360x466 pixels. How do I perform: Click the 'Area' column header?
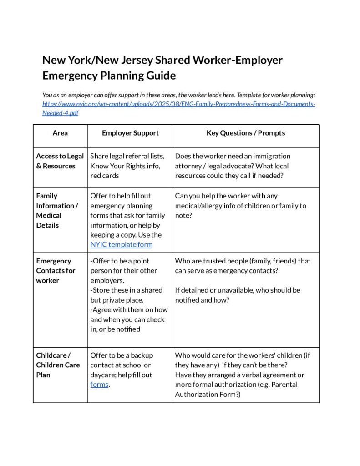pos(60,133)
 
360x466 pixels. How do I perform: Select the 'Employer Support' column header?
pos(130,133)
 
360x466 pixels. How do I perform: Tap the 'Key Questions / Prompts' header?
pos(245,133)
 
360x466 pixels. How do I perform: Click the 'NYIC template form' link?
pos(121,245)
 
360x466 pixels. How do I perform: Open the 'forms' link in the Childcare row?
pos(99,385)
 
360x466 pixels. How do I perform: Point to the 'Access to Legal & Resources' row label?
pos(60,161)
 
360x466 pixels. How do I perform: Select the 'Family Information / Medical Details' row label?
pos(57,210)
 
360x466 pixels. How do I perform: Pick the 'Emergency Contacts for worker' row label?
pos(56,271)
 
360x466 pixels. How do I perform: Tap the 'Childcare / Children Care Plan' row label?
pos(58,365)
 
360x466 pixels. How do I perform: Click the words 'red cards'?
pos(105,176)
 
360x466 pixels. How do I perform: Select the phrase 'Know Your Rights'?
pos(116,166)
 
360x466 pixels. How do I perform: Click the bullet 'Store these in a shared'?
pos(126,290)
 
